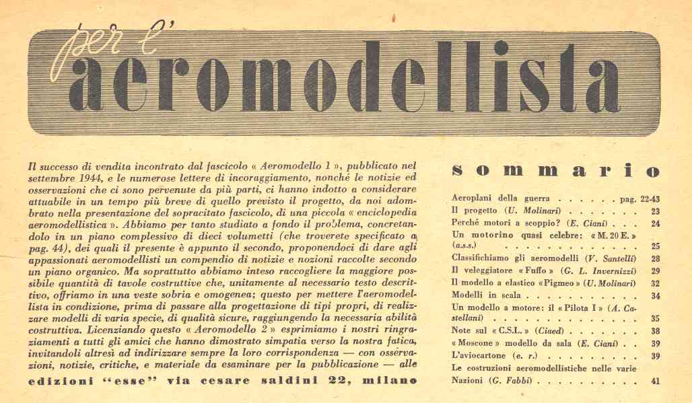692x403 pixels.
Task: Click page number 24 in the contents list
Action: (655, 223)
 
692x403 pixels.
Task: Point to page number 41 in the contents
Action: (655, 381)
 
